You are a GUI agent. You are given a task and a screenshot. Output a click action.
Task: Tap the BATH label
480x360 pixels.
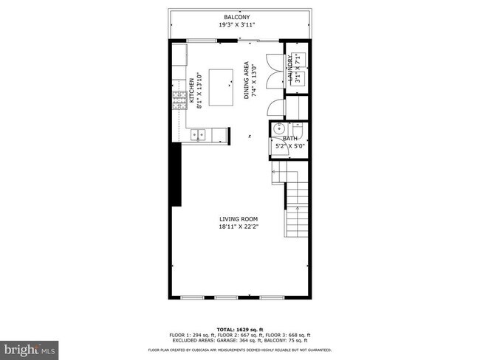tap(289, 138)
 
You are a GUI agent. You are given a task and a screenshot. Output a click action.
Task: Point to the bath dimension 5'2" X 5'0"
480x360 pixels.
tap(289, 146)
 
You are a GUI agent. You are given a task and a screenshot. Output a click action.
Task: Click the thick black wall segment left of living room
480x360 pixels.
tap(176, 174)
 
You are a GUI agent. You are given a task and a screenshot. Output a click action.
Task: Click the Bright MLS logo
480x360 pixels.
tap(30, 346)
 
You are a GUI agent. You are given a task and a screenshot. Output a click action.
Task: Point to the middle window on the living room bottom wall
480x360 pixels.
tap(227, 297)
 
